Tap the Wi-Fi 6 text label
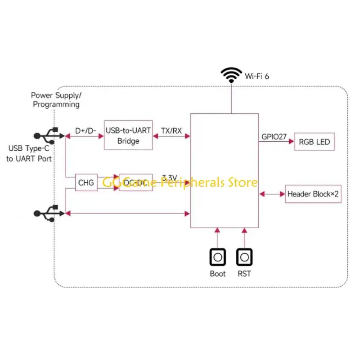point(257,76)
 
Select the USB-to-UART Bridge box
point(128,135)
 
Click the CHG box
point(86,183)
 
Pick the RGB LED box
point(314,142)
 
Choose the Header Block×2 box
point(313,194)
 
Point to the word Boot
point(217,274)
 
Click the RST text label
point(244,274)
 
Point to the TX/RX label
point(171,130)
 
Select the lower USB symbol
point(47,212)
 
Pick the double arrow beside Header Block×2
point(272,194)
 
